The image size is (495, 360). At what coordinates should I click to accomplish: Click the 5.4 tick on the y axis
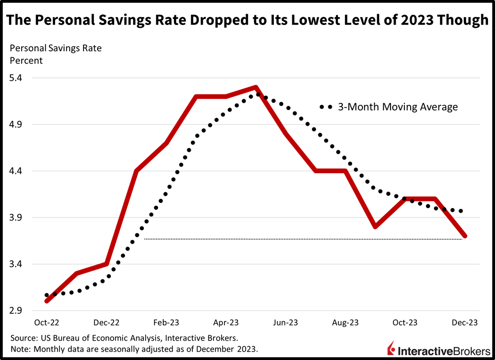click(x=23, y=78)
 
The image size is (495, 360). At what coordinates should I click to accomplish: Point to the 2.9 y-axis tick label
click(x=23, y=311)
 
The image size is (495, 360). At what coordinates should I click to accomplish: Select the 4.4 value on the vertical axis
click(x=23, y=171)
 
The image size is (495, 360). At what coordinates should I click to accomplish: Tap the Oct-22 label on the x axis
click(x=47, y=323)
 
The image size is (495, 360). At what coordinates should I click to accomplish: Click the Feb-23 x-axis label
click(x=166, y=323)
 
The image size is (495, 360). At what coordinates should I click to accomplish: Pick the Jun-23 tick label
click(x=286, y=323)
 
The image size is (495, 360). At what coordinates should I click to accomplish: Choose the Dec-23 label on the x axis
click(x=465, y=323)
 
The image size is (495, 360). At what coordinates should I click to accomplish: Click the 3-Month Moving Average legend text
click(x=397, y=107)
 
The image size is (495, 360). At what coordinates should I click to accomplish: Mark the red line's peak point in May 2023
click(x=256, y=87)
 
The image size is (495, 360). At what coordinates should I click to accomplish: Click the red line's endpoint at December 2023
click(x=465, y=236)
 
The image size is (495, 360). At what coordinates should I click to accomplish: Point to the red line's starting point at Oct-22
click(x=47, y=301)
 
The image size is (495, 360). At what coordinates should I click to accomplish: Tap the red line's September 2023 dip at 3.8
click(x=375, y=227)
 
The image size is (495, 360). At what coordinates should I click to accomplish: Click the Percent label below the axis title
click(x=26, y=60)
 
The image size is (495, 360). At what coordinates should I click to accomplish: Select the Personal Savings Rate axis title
click(x=56, y=48)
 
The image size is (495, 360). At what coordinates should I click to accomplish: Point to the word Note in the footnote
click(x=19, y=349)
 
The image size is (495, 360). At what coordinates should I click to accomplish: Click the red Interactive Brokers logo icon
click(x=391, y=348)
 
